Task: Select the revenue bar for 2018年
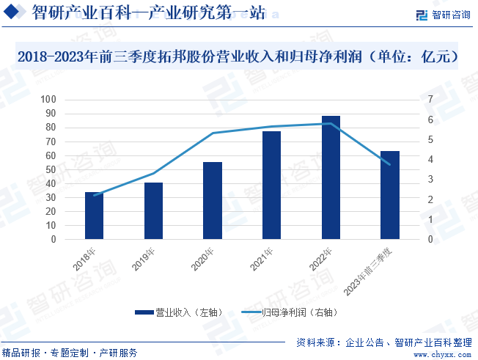click(x=94, y=216)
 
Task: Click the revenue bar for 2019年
click(x=153, y=211)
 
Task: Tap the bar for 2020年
click(x=213, y=201)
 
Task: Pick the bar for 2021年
click(x=272, y=185)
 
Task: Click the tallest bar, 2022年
click(x=331, y=177)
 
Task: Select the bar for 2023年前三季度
click(x=390, y=195)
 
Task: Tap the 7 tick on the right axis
click(x=430, y=100)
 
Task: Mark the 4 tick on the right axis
click(x=430, y=160)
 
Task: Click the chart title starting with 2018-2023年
click(x=238, y=56)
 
